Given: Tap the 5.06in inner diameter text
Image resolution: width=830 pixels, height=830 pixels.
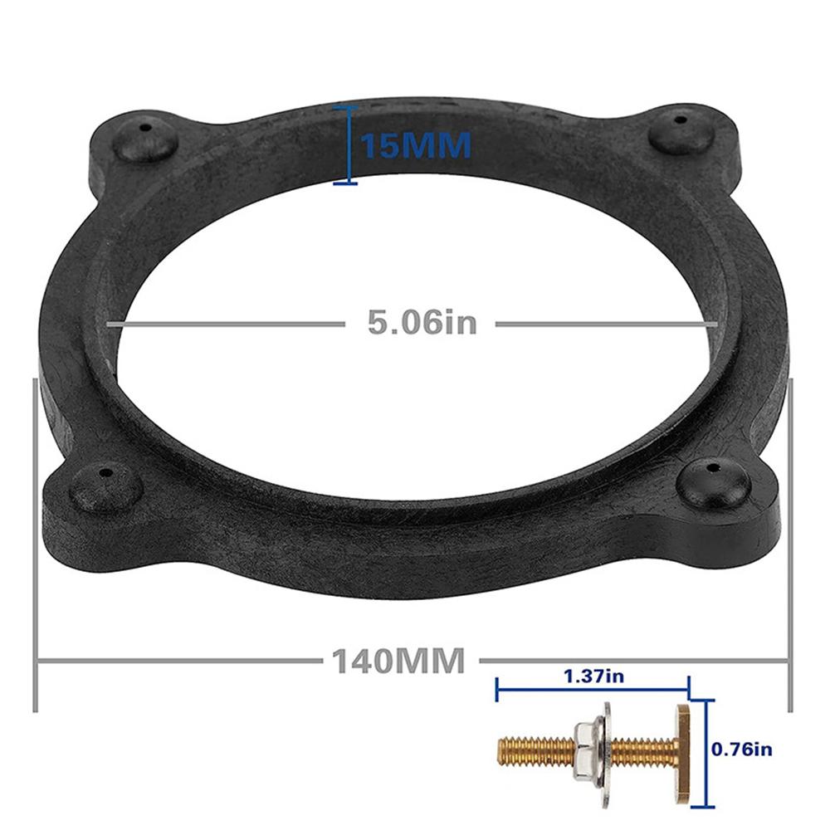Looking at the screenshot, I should click(422, 322).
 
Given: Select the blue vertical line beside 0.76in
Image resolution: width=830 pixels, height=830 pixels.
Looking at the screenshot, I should click(707, 751).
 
